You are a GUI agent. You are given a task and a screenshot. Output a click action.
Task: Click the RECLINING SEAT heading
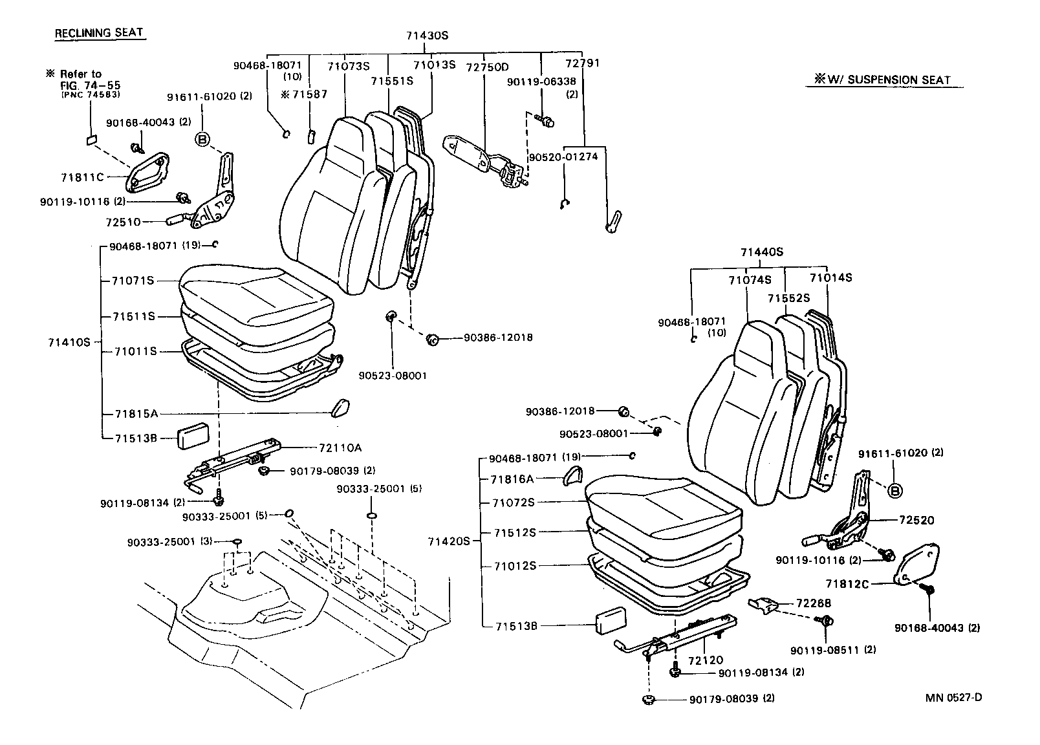coord(99,33)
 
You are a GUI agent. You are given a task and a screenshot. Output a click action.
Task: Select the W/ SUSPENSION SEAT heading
coord(883,80)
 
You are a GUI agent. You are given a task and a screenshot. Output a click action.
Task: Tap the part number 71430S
coord(427,36)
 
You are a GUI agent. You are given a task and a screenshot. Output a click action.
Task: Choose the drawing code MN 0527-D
coord(954,697)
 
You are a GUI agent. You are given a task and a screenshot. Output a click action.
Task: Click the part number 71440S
coord(762,252)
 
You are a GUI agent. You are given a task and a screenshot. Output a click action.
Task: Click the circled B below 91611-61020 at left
coord(203,139)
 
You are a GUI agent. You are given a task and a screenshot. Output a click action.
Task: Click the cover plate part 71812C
coord(918,565)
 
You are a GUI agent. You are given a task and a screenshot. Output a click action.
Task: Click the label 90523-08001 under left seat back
coord(393,375)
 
